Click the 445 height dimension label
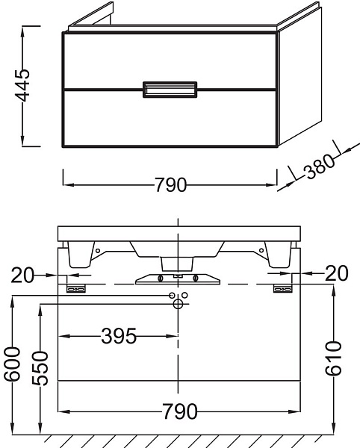tap(22, 85)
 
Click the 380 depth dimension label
tap(319, 167)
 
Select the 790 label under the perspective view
tap(170, 185)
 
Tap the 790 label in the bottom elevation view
tap(180, 411)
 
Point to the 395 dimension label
tap(119, 336)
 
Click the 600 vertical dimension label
tap(12, 364)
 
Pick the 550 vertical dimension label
tap(40, 369)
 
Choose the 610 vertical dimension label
tap(333, 358)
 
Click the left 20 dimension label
tap(22, 275)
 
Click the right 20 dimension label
tap(337, 273)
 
